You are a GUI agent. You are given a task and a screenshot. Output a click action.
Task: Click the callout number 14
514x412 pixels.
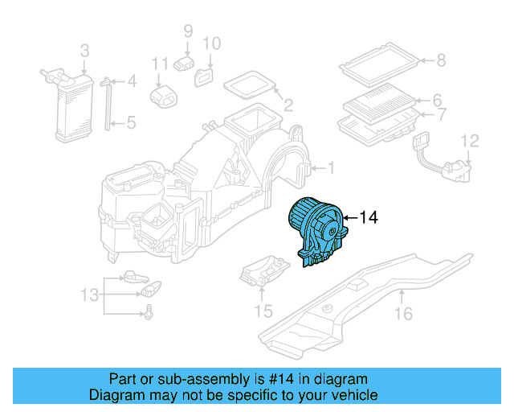click(x=367, y=217)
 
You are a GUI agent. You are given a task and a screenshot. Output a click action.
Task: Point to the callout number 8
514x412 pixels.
click(x=441, y=59)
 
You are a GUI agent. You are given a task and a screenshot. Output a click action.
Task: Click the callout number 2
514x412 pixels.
click(x=288, y=105)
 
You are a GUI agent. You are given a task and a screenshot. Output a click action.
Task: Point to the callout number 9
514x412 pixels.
click(x=188, y=31)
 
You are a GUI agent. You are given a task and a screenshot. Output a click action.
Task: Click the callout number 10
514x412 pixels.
click(x=210, y=43)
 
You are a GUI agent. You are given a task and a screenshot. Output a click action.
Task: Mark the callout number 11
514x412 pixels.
click(x=159, y=64)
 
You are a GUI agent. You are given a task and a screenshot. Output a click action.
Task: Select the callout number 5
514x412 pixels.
click(x=132, y=123)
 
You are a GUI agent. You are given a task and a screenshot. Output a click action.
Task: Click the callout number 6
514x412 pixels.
click(x=438, y=101)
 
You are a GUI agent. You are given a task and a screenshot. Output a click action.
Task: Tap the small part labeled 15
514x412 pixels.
click(x=263, y=272)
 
